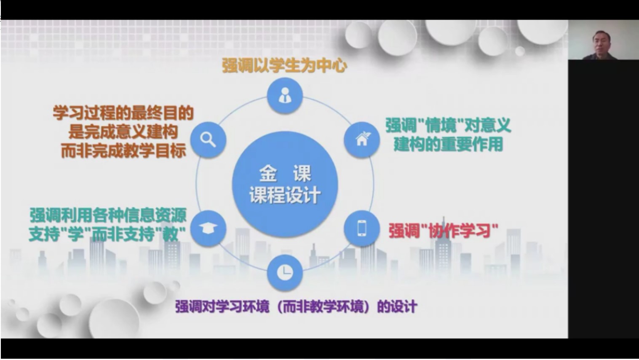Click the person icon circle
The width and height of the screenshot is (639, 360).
click(x=285, y=95)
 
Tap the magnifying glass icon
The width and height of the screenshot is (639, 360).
click(x=208, y=140)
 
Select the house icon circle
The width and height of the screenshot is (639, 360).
click(x=362, y=140)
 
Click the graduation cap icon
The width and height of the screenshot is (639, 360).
click(x=208, y=228)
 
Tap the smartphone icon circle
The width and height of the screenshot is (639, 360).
click(x=362, y=228)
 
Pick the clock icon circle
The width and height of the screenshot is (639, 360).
click(x=285, y=272)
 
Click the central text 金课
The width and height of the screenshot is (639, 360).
click(x=285, y=173)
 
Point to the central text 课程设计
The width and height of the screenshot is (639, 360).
click(x=285, y=196)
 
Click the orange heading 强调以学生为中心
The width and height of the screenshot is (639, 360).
click(x=284, y=66)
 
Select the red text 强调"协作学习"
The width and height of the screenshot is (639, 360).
click(x=443, y=231)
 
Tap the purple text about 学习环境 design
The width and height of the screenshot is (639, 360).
click(x=296, y=306)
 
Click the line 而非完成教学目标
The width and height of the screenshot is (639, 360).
click(x=123, y=151)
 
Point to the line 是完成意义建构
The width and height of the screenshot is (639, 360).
click(x=123, y=132)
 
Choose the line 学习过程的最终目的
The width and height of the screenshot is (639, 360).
click(x=123, y=113)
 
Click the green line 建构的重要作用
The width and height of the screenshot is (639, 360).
click(x=448, y=145)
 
